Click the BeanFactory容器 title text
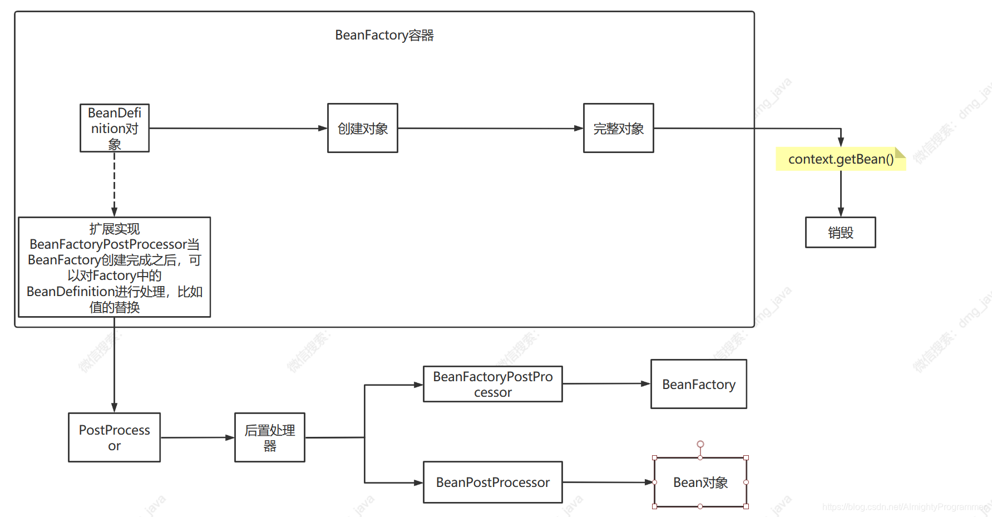384,36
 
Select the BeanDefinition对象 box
115,128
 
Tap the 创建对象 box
362,129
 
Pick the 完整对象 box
618,129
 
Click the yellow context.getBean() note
840,159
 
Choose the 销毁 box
840,233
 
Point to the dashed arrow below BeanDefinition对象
114,184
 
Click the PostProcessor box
114,437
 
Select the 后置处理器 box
269,437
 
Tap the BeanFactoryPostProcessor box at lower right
492,384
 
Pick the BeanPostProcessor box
492,482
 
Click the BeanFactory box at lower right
698,384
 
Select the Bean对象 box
700,482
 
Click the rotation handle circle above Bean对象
700,444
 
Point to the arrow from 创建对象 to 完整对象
490,129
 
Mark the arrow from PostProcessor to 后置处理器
198,437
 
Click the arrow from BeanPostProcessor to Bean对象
606,482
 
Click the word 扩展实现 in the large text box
114,229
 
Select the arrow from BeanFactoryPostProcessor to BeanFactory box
606,383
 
